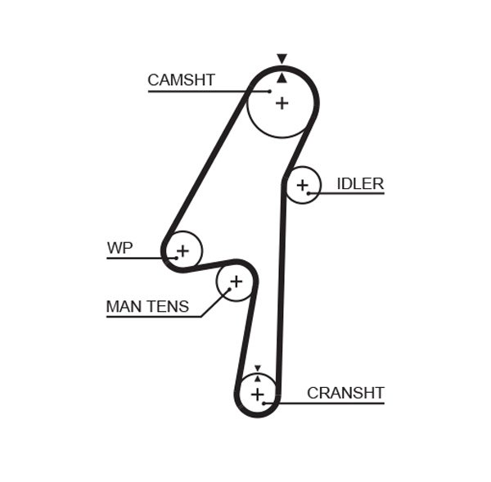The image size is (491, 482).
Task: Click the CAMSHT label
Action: (181, 80)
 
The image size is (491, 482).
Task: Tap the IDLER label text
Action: (360, 183)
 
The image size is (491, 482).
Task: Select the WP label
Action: (119, 248)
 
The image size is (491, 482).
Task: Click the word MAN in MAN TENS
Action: (124, 307)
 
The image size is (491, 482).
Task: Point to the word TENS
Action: (168, 307)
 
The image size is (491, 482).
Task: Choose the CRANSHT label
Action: (345, 394)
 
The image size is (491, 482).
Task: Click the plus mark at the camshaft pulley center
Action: (282, 103)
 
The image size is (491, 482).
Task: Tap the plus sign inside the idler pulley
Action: (303, 186)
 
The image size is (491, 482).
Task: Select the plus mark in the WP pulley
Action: (182, 250)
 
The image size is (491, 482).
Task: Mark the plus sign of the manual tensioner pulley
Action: (236, 282)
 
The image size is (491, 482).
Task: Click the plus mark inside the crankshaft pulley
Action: (258, 395)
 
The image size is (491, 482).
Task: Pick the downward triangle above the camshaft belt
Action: (282, 59)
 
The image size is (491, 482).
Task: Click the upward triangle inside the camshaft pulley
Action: (282, 78)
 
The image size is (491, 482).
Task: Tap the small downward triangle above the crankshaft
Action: (258, 369)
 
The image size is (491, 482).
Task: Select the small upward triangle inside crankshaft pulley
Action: (258, 378)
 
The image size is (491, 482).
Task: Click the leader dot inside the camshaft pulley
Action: (269, 91)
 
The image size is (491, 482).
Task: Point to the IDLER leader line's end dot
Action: (309, 193)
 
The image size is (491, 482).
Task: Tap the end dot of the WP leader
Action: (175, 259)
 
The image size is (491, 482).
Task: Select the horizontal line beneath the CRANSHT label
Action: (331, 402)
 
